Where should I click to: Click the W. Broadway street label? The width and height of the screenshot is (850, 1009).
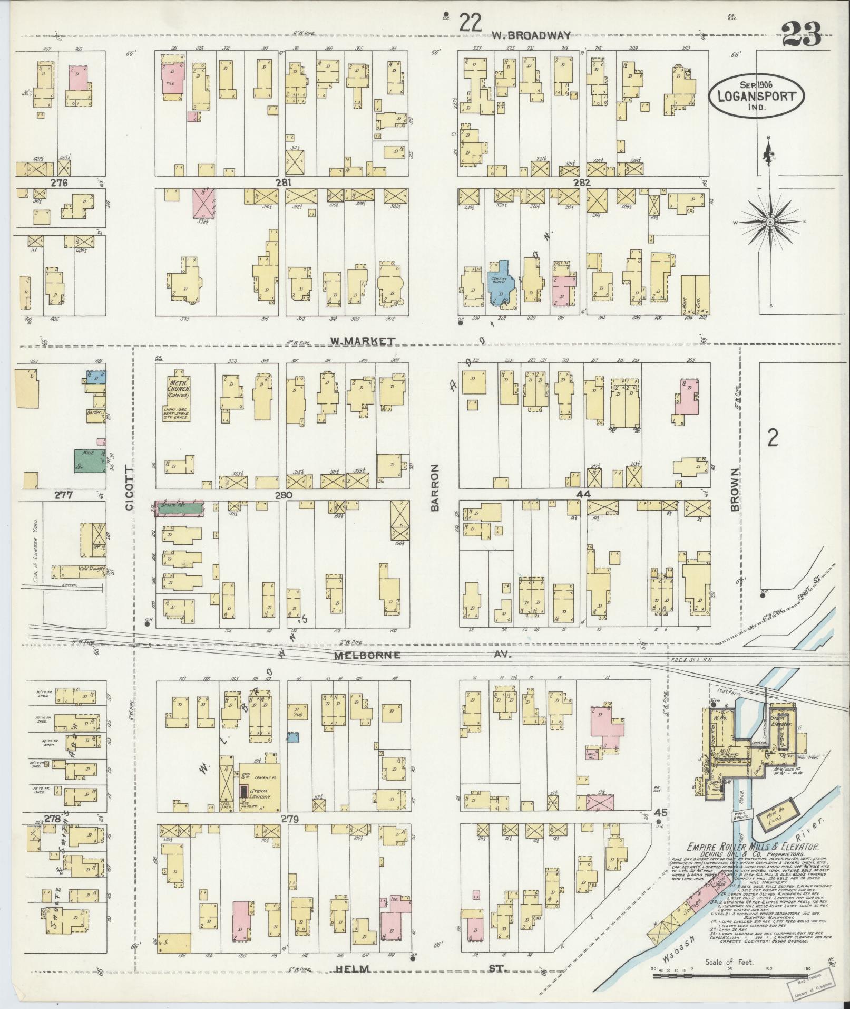[x=531, y=35]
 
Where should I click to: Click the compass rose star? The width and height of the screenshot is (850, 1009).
[x=770, y=223]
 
